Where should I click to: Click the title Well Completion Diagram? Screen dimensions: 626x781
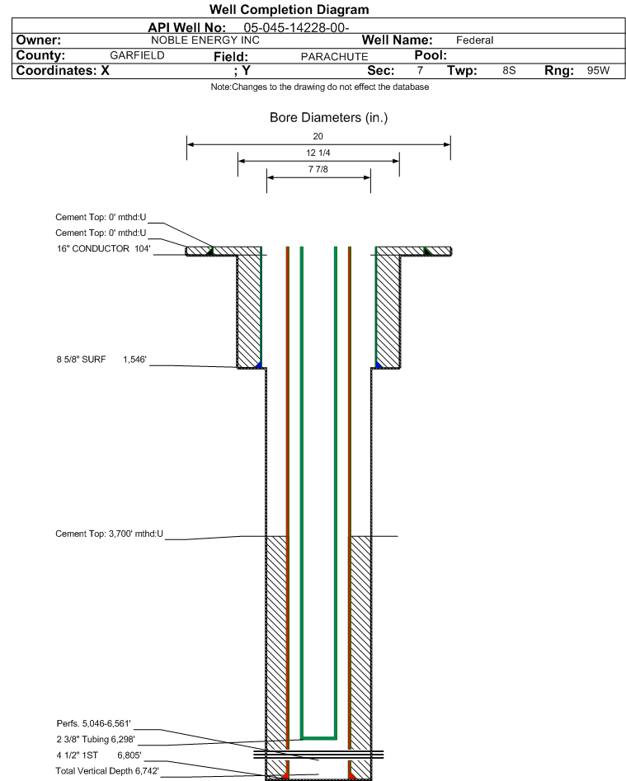(x=289, y=9)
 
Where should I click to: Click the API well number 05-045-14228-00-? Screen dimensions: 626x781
(x=296, y=28)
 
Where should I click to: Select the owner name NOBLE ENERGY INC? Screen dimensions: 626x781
(x=205, y=40)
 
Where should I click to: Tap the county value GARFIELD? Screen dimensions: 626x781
(x=137, y=55)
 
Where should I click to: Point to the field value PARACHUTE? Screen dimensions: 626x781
(x=334, y=57)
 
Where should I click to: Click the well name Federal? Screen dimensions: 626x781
(x=474, y=40)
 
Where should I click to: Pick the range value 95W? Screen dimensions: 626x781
(x=598, y=70)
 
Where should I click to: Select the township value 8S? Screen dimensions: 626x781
(x=509, y=70)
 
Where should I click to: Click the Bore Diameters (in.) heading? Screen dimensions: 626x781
(x=329, y=118)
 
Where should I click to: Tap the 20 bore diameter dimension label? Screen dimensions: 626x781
(x=318, y=136)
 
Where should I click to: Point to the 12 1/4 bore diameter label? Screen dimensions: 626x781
(x=318, y=153)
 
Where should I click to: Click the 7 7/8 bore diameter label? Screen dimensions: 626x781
(x=318, y=169)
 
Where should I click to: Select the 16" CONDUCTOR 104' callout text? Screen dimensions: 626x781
(x=104, y=248)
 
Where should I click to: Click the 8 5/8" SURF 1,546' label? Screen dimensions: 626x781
(x=101, y=360)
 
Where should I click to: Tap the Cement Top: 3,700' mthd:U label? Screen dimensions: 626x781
(x=109, y=534)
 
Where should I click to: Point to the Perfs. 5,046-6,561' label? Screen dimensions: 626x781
(x=94, y=723)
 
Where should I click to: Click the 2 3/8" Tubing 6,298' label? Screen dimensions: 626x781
(x=96, y=739)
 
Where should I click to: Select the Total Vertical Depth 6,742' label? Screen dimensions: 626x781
(x=107, y=771)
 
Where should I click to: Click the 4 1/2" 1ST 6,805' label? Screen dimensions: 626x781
(x=99, y=755)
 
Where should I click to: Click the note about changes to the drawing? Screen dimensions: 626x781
(x=320, y=87)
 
